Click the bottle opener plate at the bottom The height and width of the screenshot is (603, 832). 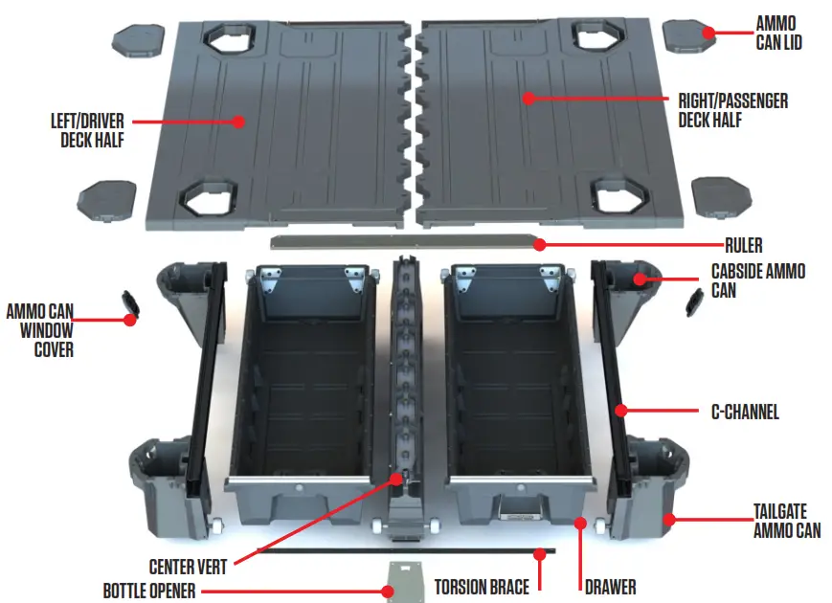coord(405,580)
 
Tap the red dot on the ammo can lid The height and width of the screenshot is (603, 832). coord(708,33)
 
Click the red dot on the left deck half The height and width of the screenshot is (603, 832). coord(238,122)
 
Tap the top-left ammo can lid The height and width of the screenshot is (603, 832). coord(140,39)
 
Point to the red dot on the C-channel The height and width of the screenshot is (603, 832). coord(621,412)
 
